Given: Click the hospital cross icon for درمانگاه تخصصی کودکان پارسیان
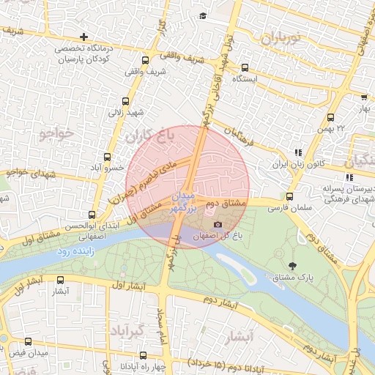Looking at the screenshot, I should [x=84, y=37].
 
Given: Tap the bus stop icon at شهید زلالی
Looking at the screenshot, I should [x=125, y=101].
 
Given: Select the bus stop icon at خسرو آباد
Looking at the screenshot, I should [x=108, y=157].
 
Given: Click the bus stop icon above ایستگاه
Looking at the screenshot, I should [x=245, y=67].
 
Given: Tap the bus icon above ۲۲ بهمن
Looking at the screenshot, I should [x=331, y=117].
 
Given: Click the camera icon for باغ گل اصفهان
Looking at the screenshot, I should [x=218, y=224].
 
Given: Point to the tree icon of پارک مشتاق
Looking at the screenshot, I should [x=293, y=265].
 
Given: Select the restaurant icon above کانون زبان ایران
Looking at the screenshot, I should [x=297, y=152].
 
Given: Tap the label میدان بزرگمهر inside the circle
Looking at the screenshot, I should [x=184, y=203].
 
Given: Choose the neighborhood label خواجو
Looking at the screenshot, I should [x=56, y=134].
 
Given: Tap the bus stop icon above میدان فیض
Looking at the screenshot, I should [x=29, y=341].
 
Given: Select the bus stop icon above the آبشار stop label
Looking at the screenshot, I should [x=60, y=279].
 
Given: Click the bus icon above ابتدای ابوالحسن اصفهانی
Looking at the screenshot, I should [x=92, y=215].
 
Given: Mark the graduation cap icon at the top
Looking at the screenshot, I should [x=203, y=15].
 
